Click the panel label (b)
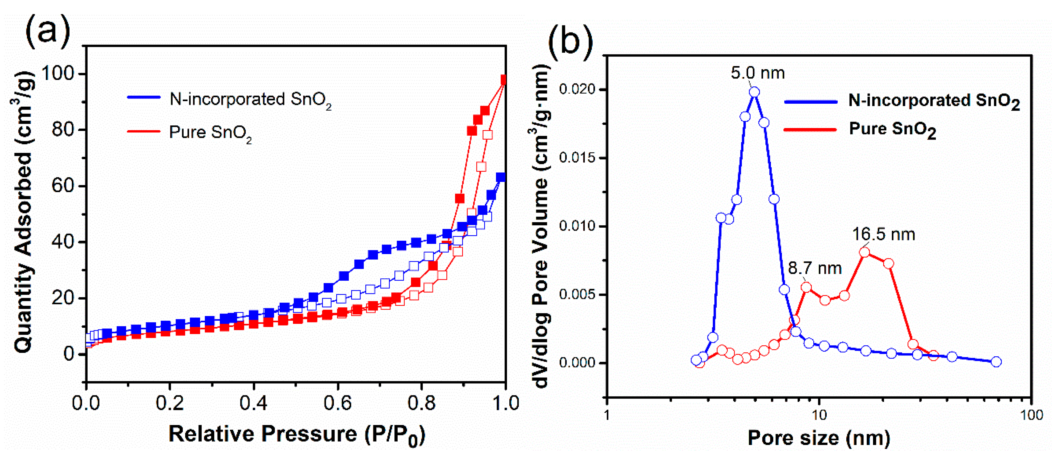coord(570,41)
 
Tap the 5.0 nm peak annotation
coord(758,73)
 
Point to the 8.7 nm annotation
coord(815,268)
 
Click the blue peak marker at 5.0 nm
coord(754,92)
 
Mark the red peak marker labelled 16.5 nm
coord(865,252)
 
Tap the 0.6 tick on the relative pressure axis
coord(337,403)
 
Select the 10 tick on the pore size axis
coord(819,415)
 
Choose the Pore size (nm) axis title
coord(819,438)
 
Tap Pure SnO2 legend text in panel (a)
coord(210,133)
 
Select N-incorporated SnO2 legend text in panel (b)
coord(934,101)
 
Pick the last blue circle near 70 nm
coord(996,362)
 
